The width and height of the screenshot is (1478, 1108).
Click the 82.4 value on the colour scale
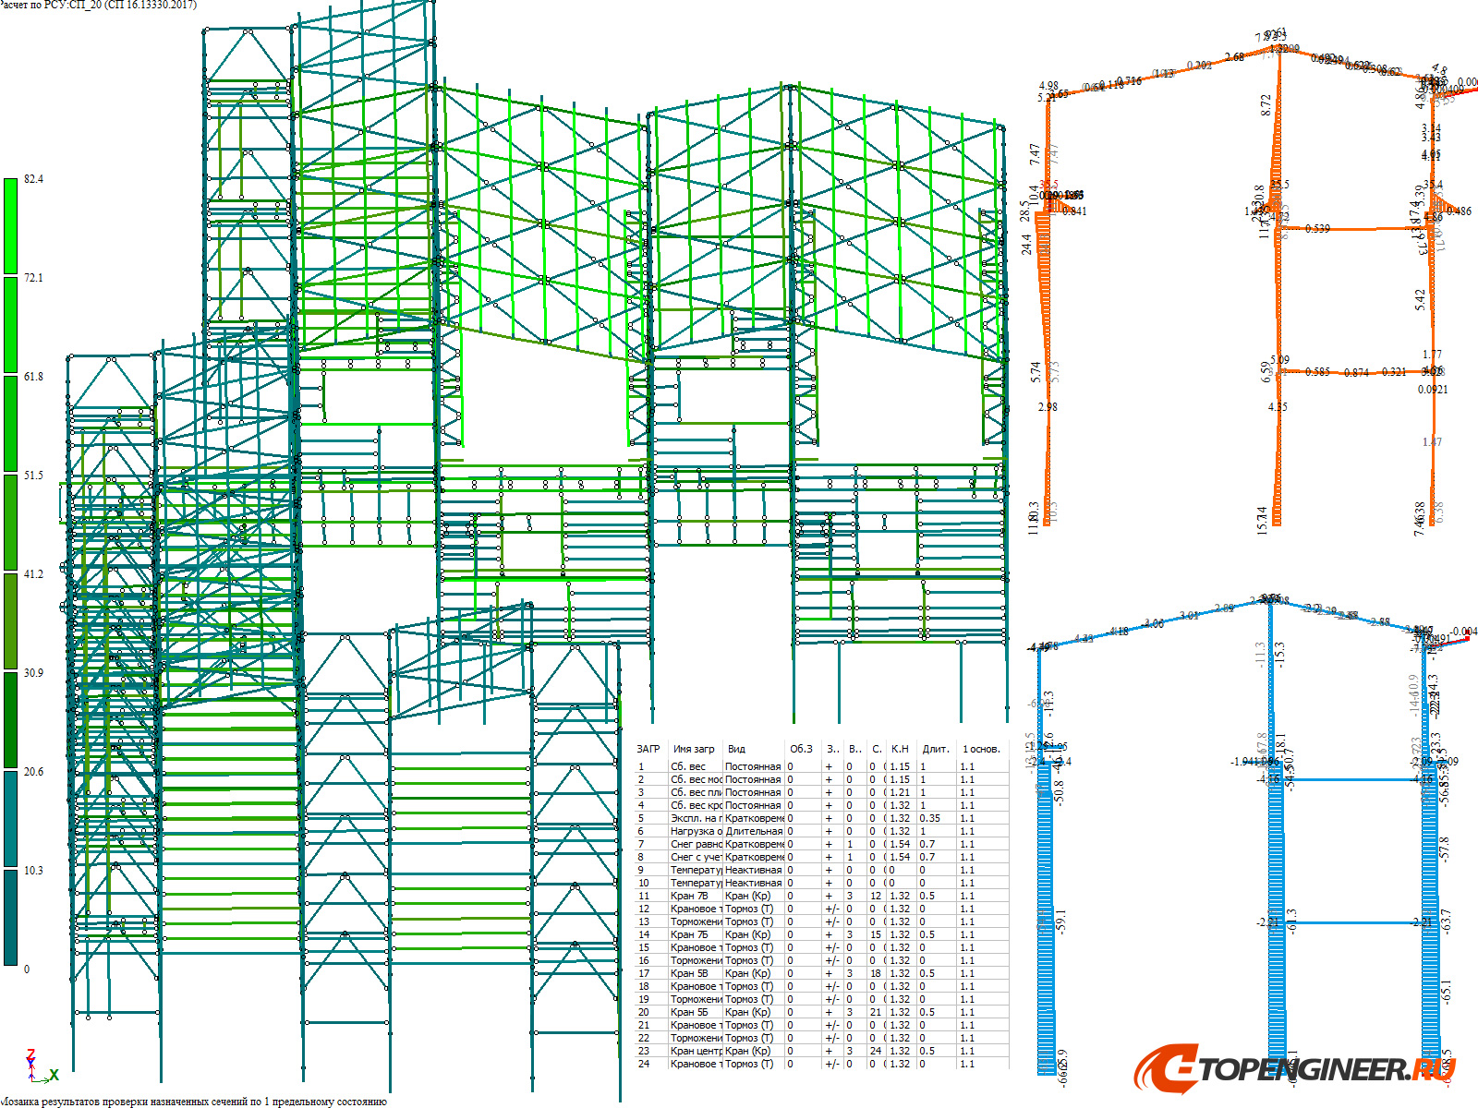[33, 179]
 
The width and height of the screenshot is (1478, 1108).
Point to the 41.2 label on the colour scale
[33, 574]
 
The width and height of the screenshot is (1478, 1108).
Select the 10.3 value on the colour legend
[33, 871]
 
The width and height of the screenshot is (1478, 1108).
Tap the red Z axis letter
[30, 1054]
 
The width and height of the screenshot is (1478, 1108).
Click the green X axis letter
[55, 1075]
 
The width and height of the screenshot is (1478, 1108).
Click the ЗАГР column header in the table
[648, 749]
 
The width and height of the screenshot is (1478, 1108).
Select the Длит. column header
[935, 749]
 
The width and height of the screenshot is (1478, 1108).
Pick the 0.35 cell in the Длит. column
[929, 818]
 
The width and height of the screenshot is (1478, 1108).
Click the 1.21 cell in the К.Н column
[900, 792]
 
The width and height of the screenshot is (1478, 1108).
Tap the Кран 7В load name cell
[689, 896]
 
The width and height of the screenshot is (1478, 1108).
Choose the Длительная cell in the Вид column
[754, 831]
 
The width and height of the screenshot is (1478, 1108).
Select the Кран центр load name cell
[696, 1051]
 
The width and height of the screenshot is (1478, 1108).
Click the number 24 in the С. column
[876, 1051]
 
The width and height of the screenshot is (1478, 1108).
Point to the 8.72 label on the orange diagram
[1266, 104]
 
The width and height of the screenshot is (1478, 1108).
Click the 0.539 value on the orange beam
[1317, 229]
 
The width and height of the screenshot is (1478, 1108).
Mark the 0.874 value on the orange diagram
[1356, 373]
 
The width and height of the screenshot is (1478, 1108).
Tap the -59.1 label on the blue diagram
[1061, 921]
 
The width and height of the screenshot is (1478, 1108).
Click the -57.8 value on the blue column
[1445, 849]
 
